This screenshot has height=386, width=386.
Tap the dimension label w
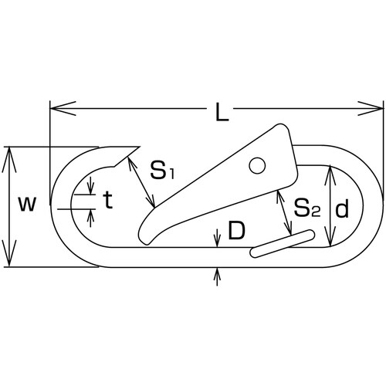pos(27,205)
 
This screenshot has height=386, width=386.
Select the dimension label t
pos(108,202)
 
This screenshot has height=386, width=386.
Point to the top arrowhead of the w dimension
pos(9,152)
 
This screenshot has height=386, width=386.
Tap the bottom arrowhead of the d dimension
pos(330,239)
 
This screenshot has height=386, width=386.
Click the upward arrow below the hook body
pos(218,273)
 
